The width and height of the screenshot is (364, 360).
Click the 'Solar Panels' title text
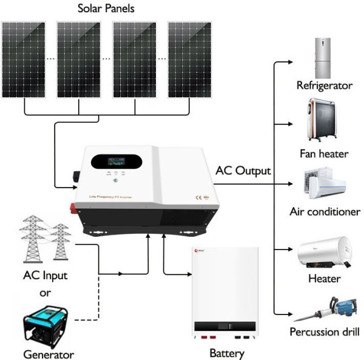pyautogui.click(x=107, y=9)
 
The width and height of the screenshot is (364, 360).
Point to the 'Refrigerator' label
pyautogui.click(x=324, y=85)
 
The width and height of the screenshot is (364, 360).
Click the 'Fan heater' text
pyautogui.click(x=324, y=154)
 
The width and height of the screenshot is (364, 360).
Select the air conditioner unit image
pyautogui.click(x=323, y=184)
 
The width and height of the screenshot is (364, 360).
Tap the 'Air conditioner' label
pyautogui.click(x=325, y=212)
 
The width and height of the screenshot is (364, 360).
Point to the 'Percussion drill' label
pyautogui.click(x=325, y=332)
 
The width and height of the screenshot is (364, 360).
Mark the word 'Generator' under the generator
pyautogui.click(x=49, y=354)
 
